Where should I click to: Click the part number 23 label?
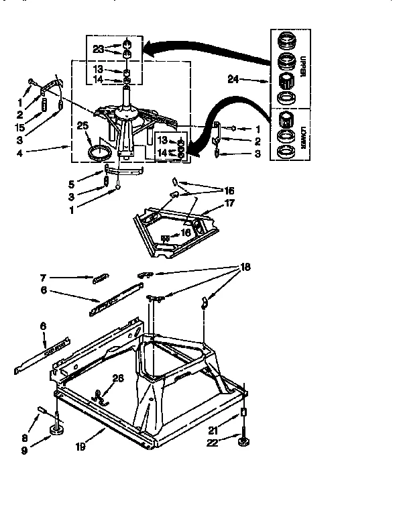pos(98,48)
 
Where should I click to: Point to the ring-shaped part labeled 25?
pos(99,152)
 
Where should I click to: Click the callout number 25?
pos(83,125)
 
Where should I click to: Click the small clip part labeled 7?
pos(101,277)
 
